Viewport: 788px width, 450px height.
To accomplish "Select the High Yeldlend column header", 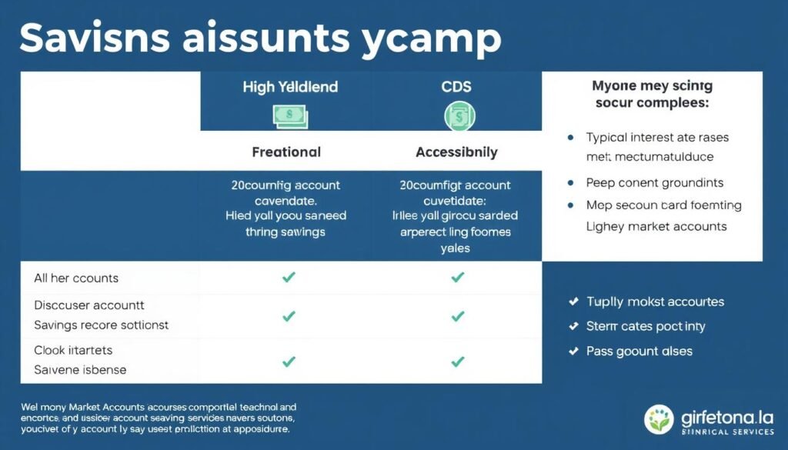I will pos(290,87).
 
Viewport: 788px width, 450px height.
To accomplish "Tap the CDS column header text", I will pos(456,87).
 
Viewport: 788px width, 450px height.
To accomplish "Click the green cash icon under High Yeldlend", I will pos(290,116).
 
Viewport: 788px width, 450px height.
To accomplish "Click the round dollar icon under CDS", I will pos(456,117).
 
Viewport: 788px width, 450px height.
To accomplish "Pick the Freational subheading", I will pos(286,152).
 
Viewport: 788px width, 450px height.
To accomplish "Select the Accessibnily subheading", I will pos(456,152).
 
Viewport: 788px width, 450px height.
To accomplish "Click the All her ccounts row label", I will pos(75,278).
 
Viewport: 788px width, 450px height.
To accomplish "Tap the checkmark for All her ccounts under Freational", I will pos(289,278).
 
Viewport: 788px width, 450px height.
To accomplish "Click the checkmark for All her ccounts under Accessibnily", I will pos(457,278).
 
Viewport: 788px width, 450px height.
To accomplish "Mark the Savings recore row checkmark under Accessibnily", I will pos(457,316).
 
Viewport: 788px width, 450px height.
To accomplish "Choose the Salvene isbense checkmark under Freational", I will pos(289,361).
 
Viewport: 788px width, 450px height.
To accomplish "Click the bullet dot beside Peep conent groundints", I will pos(570,183).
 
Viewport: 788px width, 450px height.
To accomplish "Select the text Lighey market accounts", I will pos(656,226).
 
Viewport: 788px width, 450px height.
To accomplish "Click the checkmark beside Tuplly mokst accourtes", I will pos(573,302).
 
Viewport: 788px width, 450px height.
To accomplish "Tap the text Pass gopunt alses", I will pos(639,351).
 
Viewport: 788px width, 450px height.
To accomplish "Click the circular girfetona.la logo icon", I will pos(660,420).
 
